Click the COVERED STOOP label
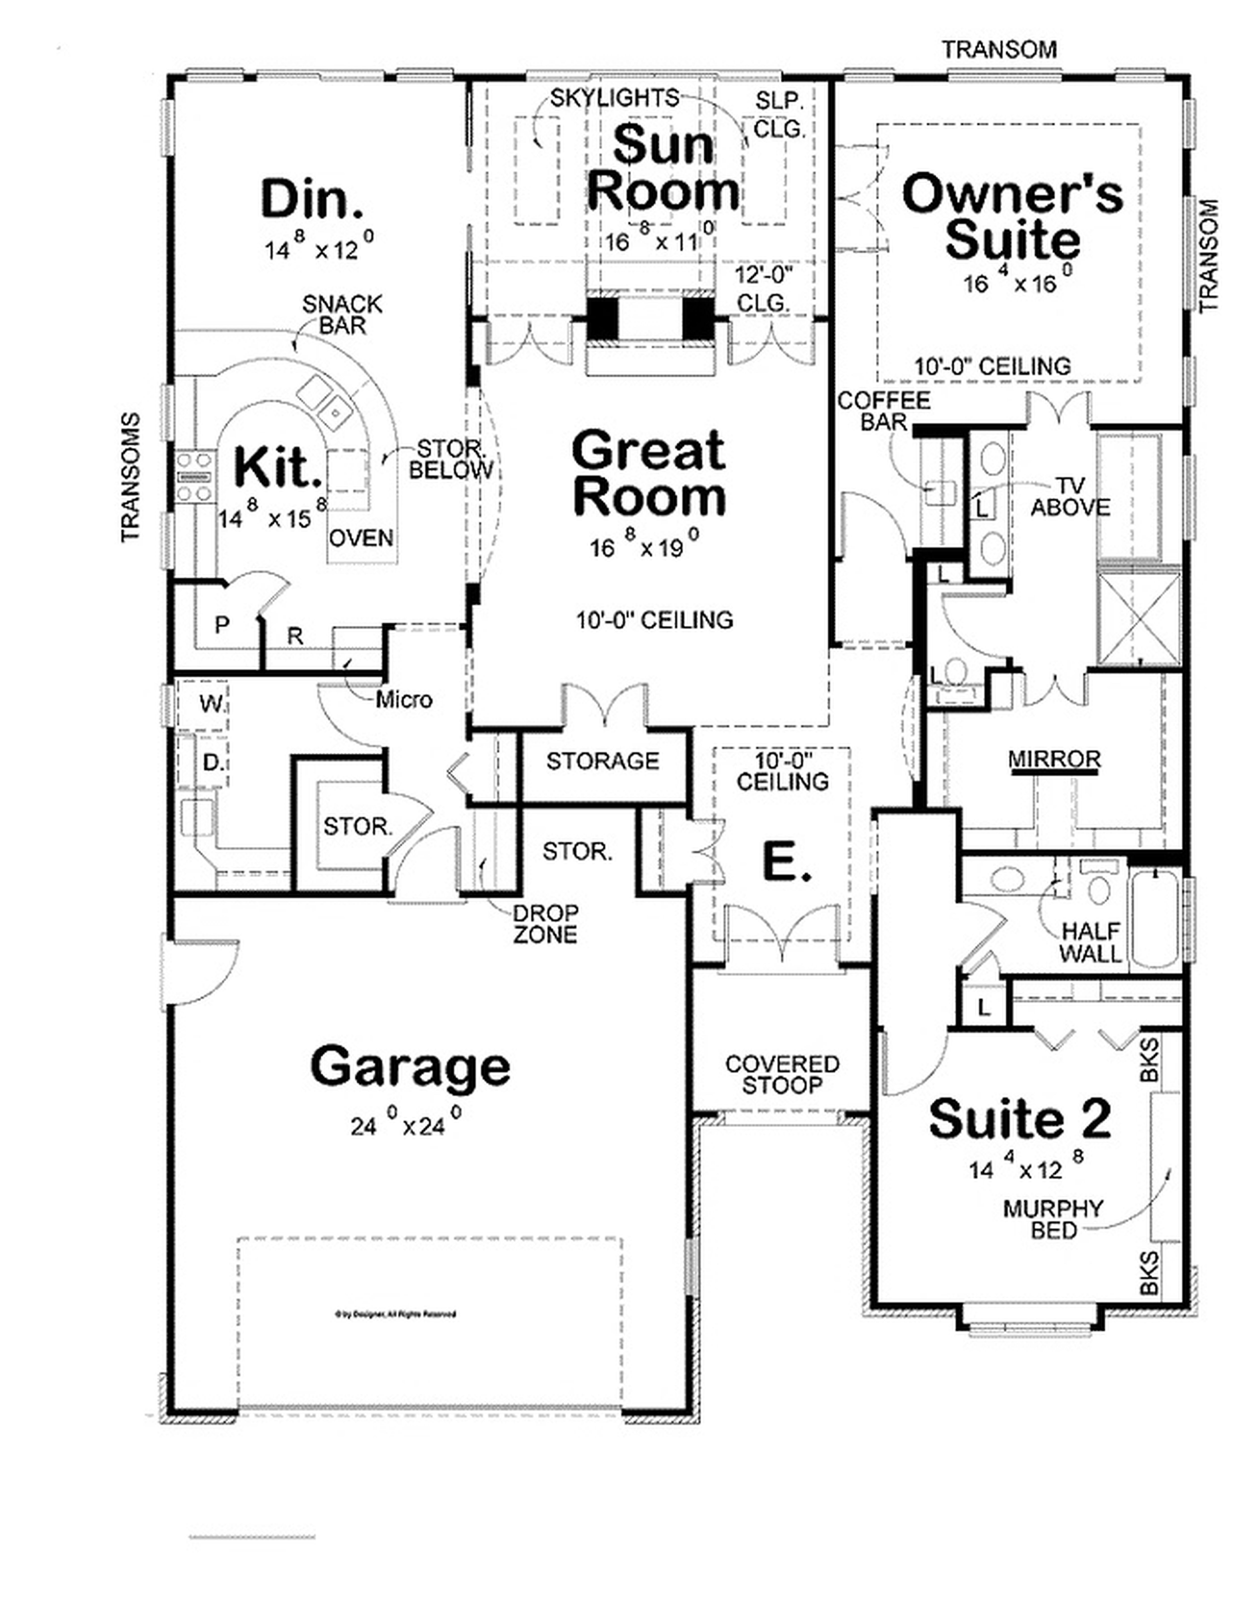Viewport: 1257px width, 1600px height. point(782,1075)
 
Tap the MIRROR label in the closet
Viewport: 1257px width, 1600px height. point(1054,759)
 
